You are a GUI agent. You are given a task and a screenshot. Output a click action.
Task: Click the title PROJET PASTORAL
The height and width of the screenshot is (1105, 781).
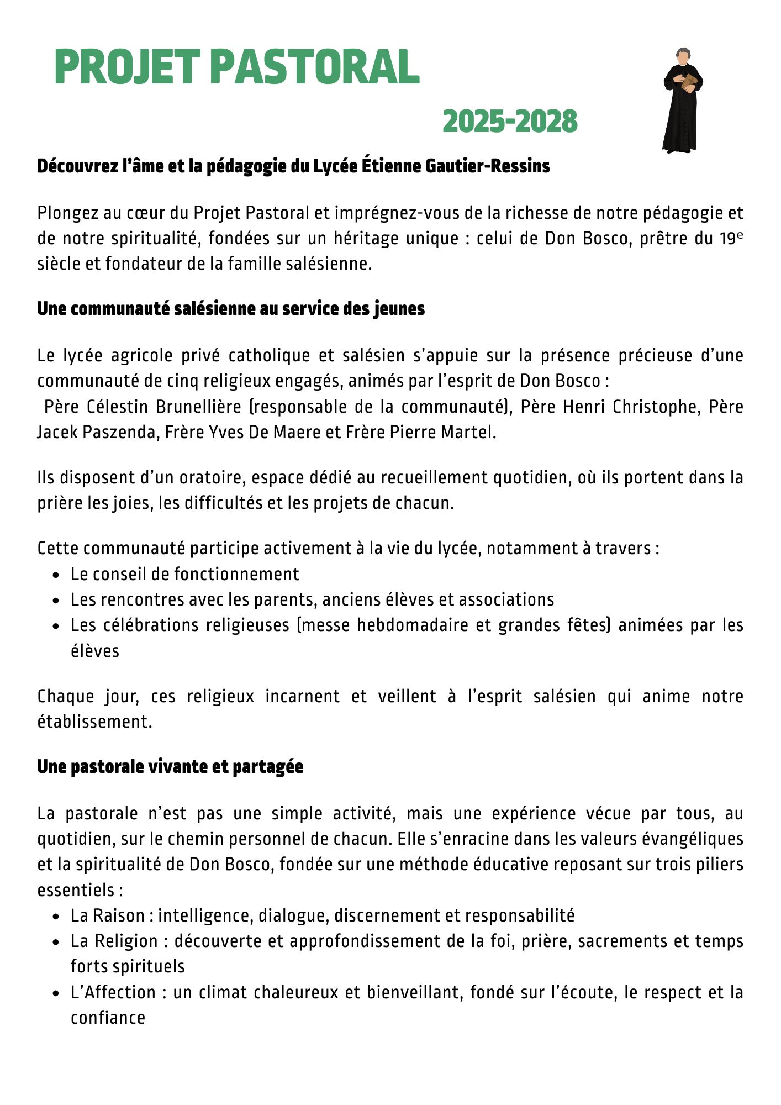(x=237, y=67)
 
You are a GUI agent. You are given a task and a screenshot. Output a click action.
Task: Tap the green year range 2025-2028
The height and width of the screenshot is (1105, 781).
(x=510, y=122)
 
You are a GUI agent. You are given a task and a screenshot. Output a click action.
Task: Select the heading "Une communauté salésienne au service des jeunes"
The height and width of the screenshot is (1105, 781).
(x=230, y=309)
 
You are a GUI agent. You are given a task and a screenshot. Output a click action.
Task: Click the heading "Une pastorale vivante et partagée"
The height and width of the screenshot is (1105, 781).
(x=170, y=767)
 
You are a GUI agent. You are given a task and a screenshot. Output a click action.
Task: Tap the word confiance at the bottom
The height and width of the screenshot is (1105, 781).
(x=108, y=1018)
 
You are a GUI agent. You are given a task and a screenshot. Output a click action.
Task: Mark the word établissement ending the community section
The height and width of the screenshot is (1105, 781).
(x=94, y=722)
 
